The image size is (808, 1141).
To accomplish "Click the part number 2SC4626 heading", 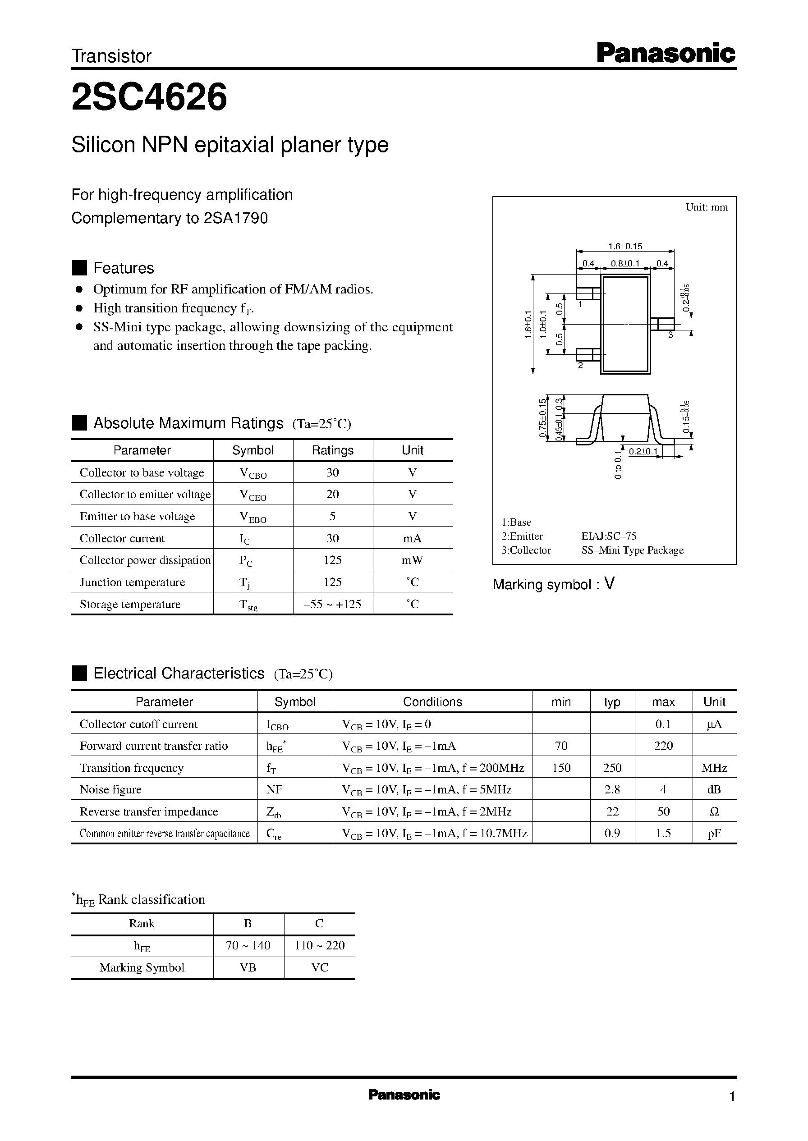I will tap(149, 98).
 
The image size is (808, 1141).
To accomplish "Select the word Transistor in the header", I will tap(111, 56).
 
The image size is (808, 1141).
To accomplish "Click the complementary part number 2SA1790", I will tap(236, 218).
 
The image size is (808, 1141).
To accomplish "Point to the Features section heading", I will tap(124, 268).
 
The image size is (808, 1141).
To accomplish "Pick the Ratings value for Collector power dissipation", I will tap(332, 560).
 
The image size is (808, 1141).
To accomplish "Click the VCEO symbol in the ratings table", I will tap(253, 495).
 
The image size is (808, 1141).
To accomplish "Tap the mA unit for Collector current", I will tap(412, 538).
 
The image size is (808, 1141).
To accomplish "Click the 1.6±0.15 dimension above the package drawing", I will tap(625, 246).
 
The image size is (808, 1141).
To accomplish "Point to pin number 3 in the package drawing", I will tap(670, 335).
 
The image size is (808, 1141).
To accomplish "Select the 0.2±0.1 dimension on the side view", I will tap(643, 452).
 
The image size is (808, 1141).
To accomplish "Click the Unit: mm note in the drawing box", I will tap(707, 207).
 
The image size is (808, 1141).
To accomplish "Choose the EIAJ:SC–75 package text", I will tap(609, 536).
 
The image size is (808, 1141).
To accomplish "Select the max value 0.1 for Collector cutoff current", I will tap(663, 724).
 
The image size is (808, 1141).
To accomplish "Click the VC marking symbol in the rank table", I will tap(319, 967).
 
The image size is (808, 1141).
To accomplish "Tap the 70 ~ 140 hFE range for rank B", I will tap(248, 945).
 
